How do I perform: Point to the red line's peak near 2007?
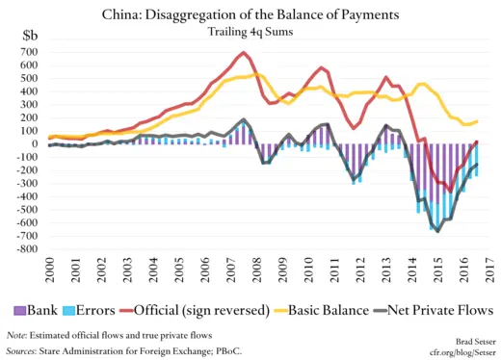pos(243,52)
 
